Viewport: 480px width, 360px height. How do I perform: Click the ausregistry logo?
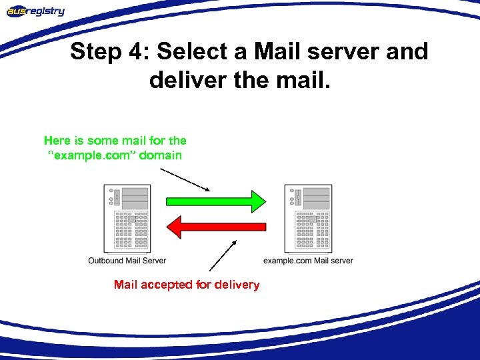[x=37, y=11]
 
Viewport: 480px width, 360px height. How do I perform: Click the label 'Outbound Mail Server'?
[x=127, y=260]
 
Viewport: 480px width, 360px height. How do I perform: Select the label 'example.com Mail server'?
[x=308, y=260]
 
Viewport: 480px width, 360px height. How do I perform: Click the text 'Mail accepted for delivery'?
[x=187, y=285]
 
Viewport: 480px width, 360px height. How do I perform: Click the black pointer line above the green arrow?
[x=185, y=179]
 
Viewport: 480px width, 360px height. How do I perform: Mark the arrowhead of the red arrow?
[x=175, y=227]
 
